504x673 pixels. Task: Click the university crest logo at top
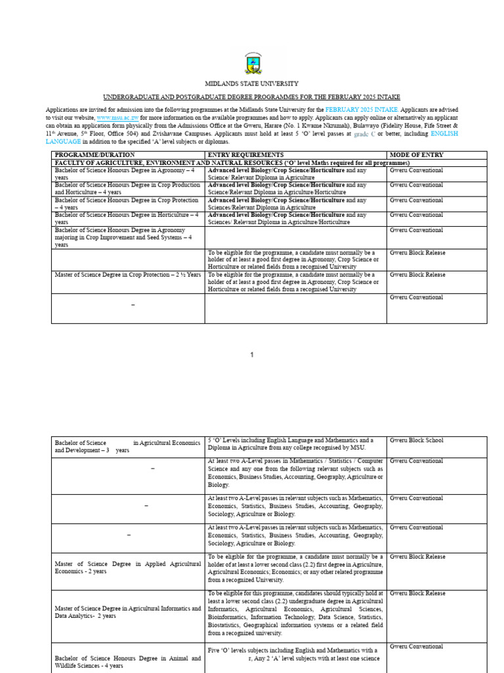click(x=251, y=64)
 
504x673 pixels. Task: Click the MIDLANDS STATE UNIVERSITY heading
click(x=251, y=84)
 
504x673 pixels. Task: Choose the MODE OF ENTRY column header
click(x=417, y=155)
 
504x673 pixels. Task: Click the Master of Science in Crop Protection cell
click(x=128, y=275)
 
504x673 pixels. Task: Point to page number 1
click(x=251, y=355)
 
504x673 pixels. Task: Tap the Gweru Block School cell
click(x=417, y=440)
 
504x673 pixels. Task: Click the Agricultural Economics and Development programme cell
click(x=128, y=447)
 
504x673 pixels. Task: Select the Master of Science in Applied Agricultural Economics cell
click(x=128, y=567)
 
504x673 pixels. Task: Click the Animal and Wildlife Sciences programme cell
click(x=128, y=661)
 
